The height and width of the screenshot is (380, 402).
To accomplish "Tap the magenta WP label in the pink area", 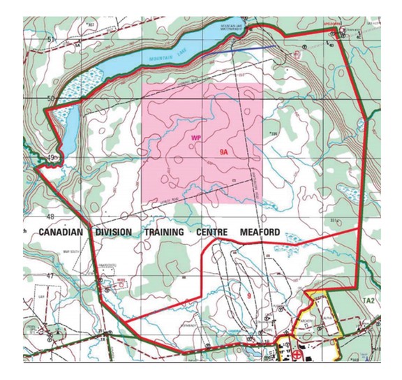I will coord(196,139).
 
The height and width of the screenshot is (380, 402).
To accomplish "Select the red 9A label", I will coord(224,150).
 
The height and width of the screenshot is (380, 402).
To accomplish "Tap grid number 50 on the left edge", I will coord(50,98).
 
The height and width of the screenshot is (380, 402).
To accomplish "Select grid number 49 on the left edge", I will coord(50,159).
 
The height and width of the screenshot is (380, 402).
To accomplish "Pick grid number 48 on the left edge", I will coord(50,217).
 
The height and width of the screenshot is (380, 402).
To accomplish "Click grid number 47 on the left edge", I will coord(50,277).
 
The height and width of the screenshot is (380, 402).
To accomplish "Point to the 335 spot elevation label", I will coord(274,133).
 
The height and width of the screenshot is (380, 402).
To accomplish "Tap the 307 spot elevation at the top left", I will coord(90,24).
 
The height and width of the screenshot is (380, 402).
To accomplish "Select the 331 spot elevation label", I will coord(334,221).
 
